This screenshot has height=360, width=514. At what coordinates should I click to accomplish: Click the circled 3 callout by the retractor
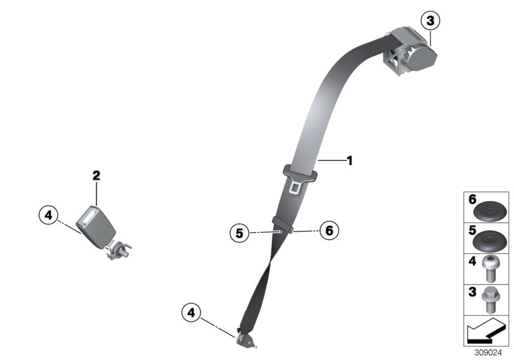click(x=430, y=21)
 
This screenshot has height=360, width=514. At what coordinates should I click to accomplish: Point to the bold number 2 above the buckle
click(x=96, y=175)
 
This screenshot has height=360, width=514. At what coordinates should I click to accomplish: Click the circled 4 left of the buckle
click(x=48, y=215)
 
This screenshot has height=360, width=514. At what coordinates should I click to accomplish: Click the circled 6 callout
click(x=328, y=230)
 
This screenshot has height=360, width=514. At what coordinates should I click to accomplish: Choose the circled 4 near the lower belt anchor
click(x=190, y=313)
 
